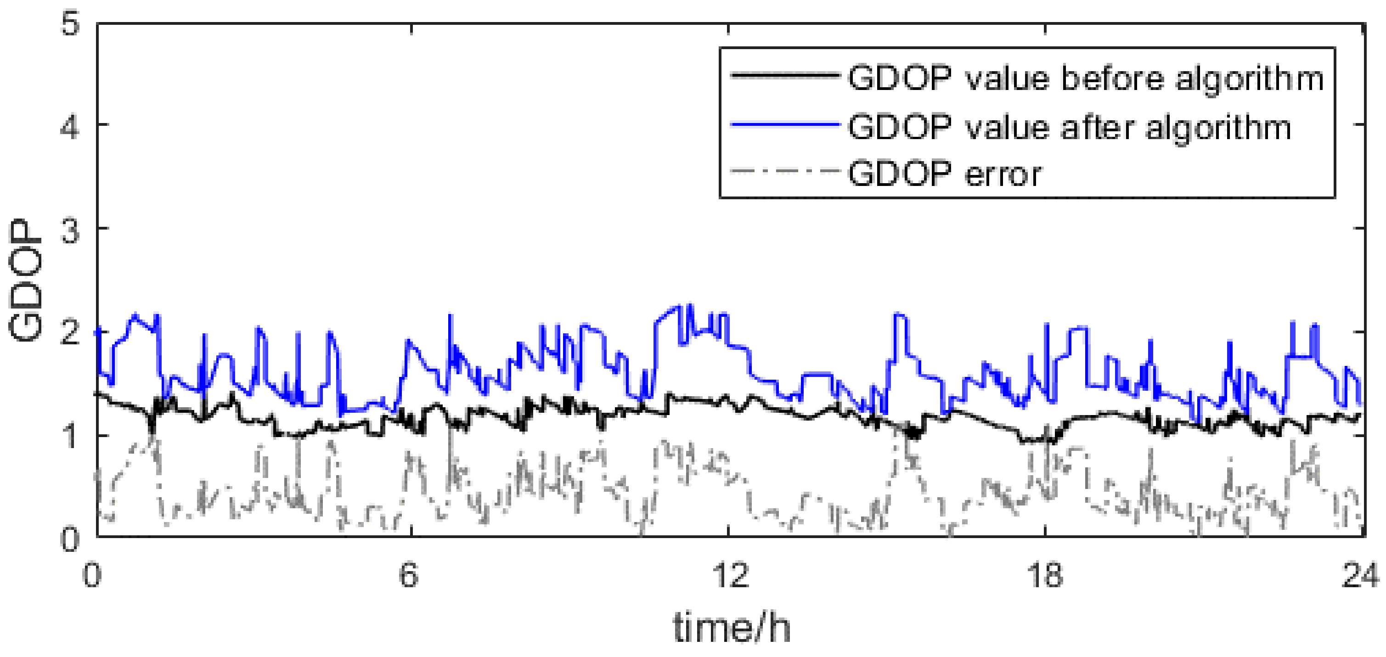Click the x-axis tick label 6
click(x=409, y=575)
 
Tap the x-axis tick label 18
click(x=1045, y=575)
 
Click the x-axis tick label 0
click(x=93, y=575)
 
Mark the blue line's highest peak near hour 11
click(x=690, y=305)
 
